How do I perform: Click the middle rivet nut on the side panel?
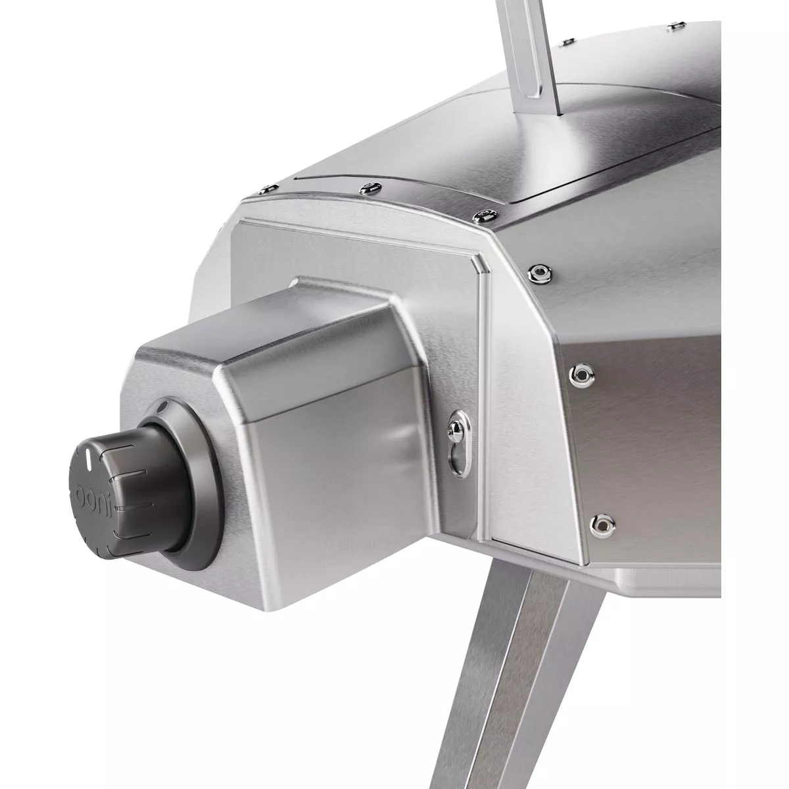pos(581,375)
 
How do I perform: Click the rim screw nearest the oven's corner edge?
pos(485,214)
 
